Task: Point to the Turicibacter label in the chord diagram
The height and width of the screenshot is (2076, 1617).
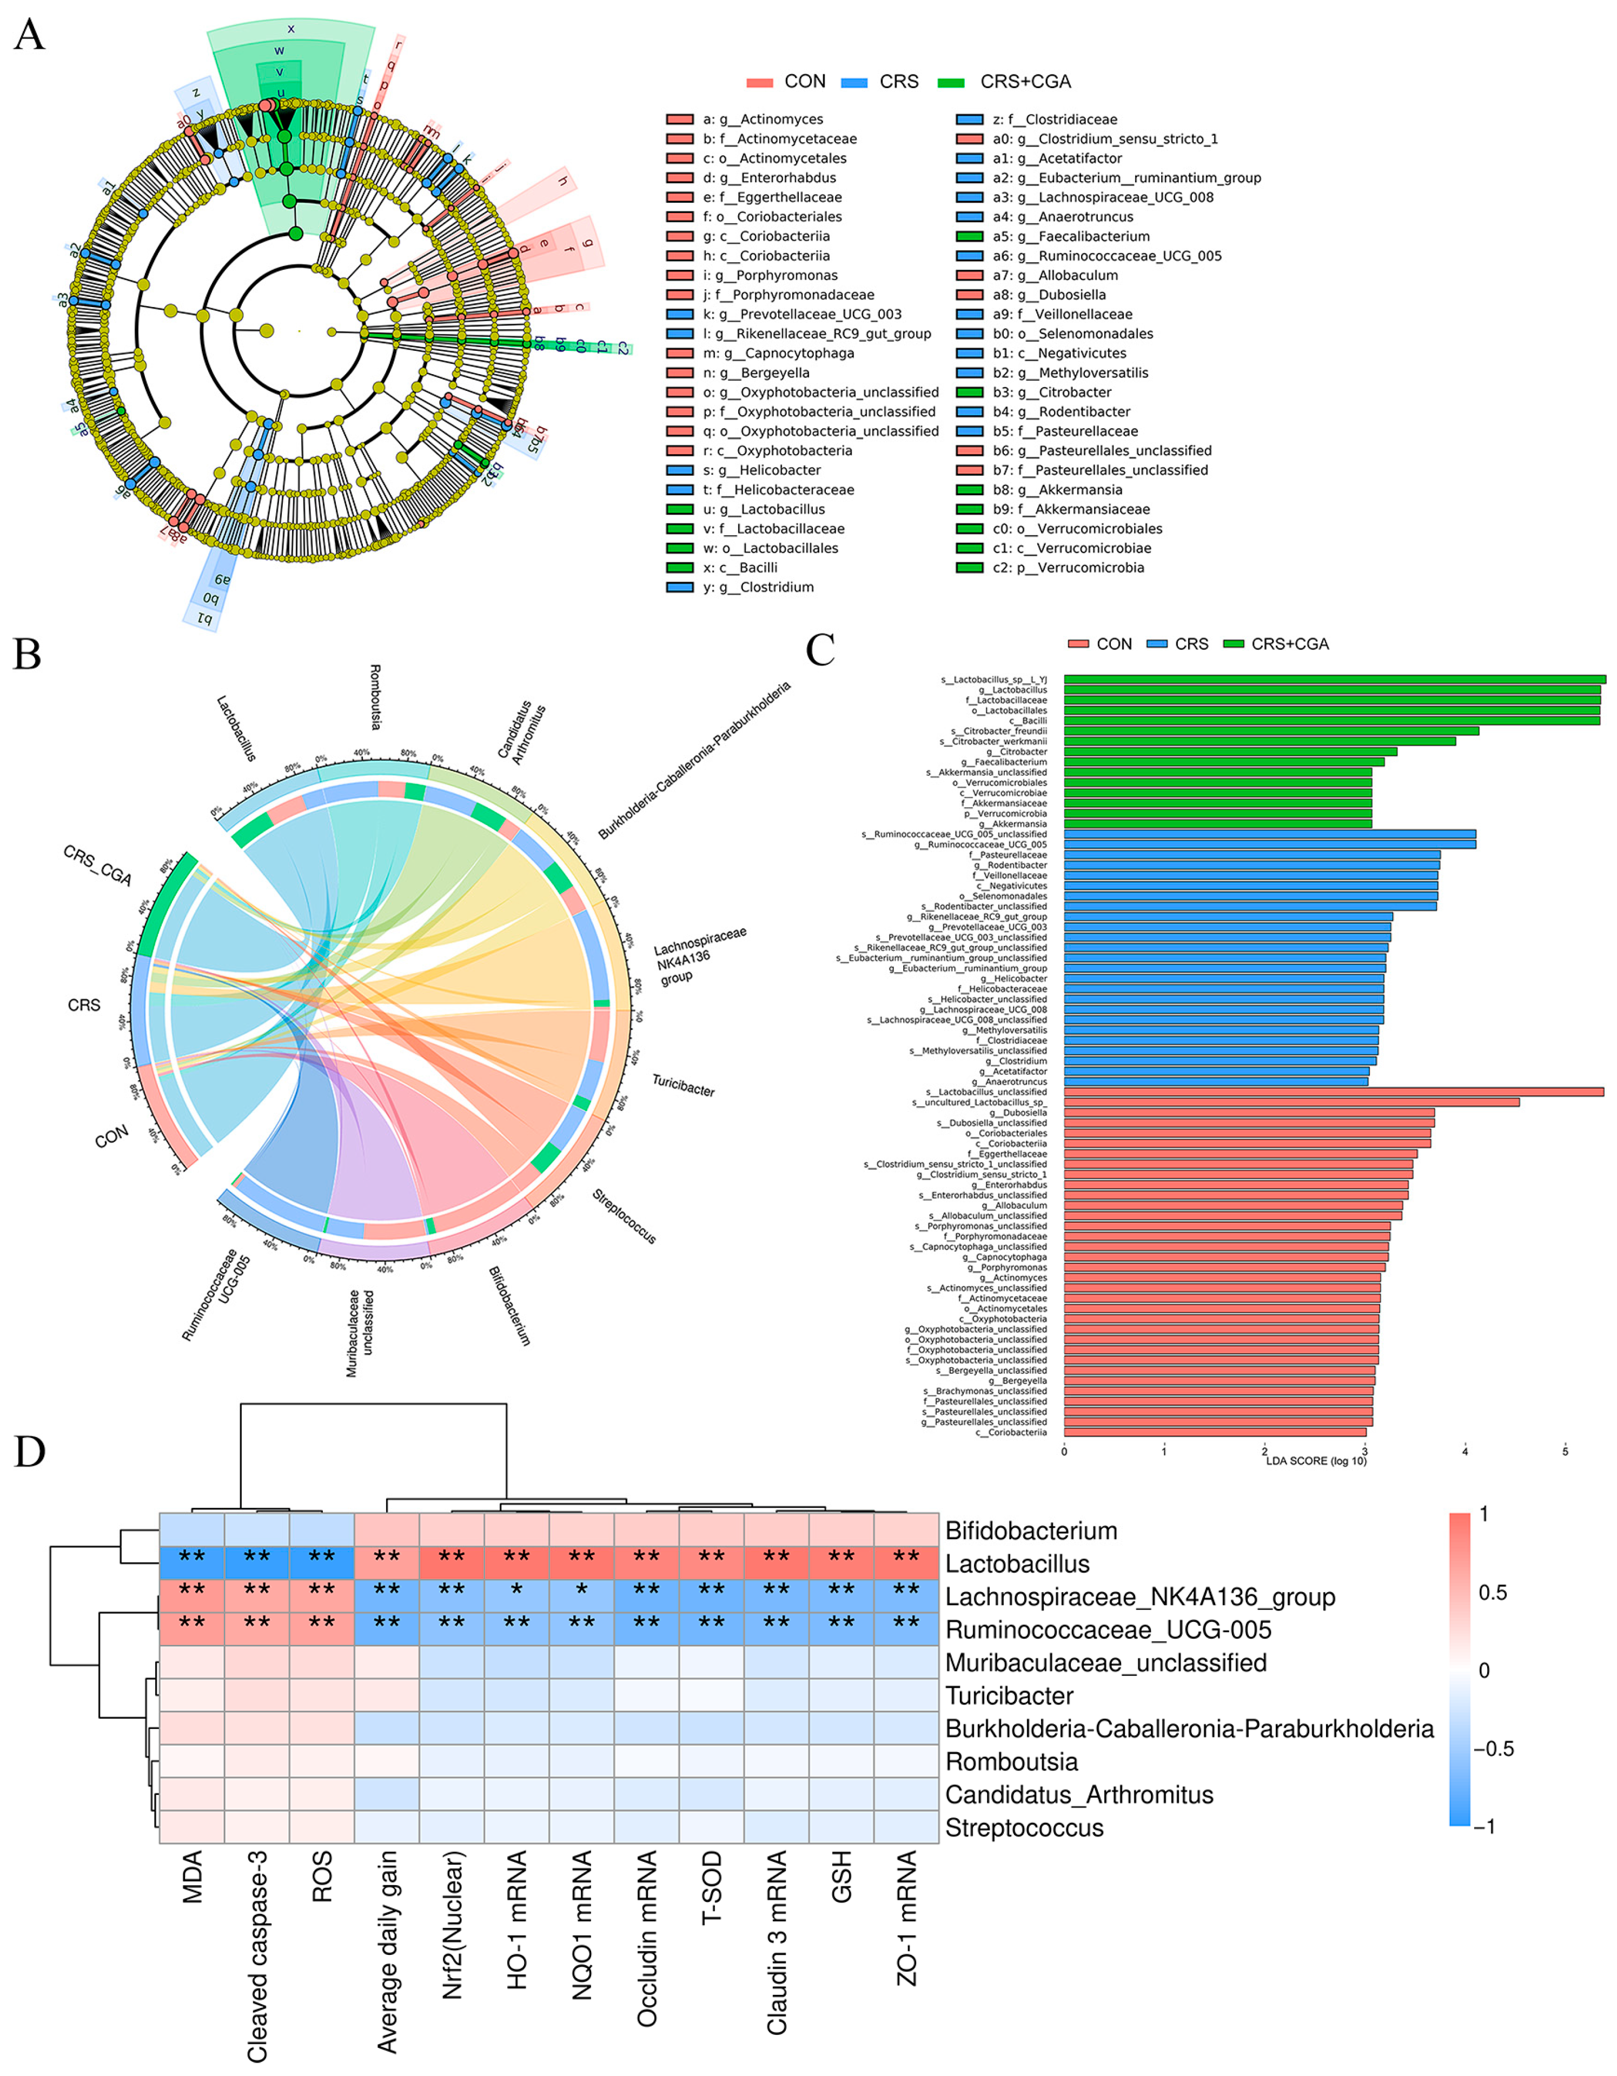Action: click(682, 1084)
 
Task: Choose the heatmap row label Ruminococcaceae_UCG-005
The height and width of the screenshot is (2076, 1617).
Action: click(1108, 1630)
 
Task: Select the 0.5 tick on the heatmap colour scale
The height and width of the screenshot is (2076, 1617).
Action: click(1493, 1592)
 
